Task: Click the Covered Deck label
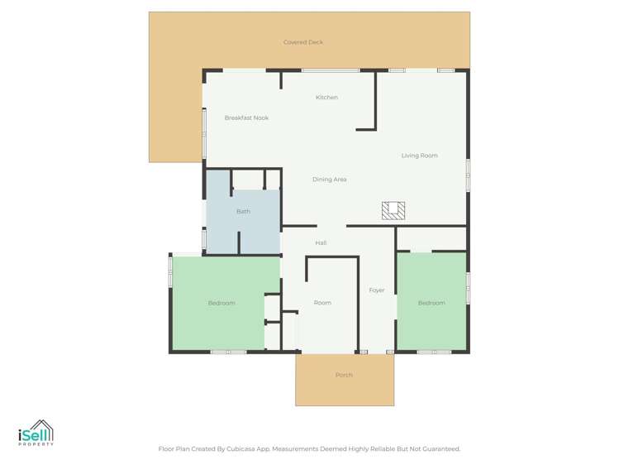pos(303,42)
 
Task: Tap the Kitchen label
pos(326,98)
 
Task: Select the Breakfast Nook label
pos(246,117)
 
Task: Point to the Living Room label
pos(419,156)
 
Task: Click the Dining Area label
pos(329,180)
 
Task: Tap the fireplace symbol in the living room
pos(393,210)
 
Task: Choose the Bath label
pos(243,212)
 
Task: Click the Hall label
pos(321,242)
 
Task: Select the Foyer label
pos(377,290)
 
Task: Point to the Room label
pos(322,303)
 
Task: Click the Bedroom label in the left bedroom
pos(221,303)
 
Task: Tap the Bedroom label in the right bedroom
pos(431,303)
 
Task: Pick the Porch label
pos(344,375)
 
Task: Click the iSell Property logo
pos(36,433)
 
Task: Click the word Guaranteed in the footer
pos(440,448)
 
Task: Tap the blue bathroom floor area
pos(256,236)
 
